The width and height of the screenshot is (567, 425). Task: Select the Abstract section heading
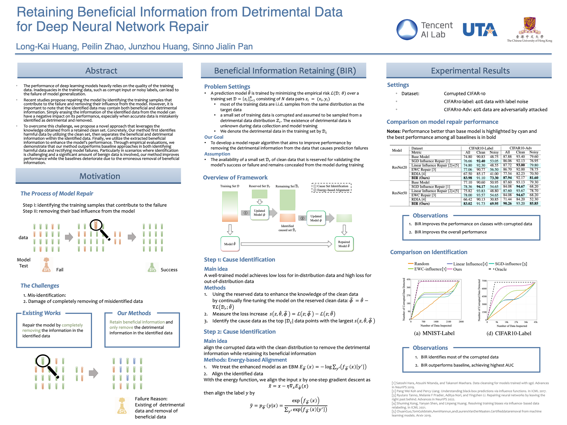pos(101,70)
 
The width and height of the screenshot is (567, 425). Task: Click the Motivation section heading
pos(100,176)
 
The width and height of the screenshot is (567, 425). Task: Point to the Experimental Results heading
pos(470,70)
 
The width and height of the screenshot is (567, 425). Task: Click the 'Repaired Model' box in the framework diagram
pos(344,244)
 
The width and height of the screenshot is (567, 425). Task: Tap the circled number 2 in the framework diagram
pos(302,218)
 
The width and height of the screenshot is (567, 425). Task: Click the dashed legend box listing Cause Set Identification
pos(332,188)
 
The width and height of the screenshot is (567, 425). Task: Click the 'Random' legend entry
pos(421,264)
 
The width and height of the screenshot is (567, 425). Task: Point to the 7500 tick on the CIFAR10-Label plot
pos(484,281)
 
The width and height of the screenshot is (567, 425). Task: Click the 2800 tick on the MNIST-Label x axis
pos(461,322)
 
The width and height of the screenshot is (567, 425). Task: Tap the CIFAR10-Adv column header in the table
pos(520,148)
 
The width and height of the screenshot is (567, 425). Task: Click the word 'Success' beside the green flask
pos(169,270)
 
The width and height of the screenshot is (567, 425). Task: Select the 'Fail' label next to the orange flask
pos(60,270)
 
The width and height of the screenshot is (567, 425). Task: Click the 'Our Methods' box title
pos(134,313)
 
